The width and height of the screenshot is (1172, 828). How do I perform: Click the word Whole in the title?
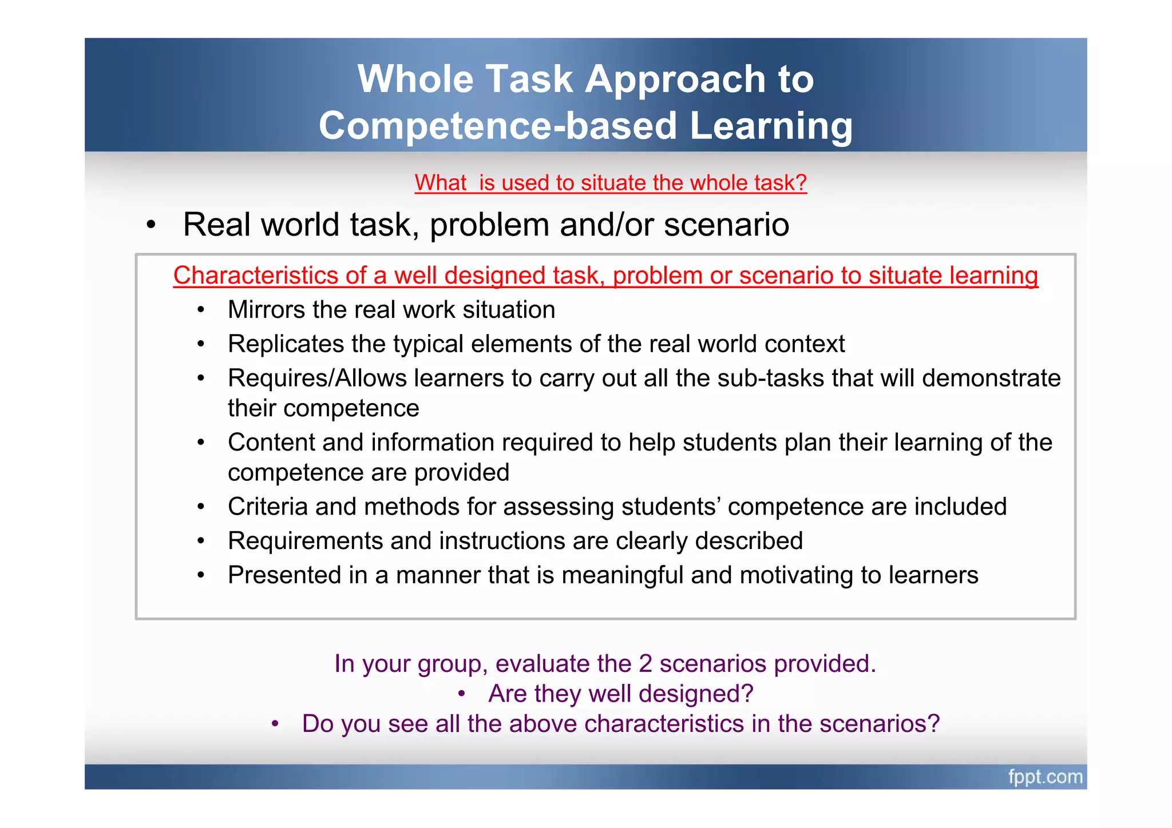click(x=415, y=79)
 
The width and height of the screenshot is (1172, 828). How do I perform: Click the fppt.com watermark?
click(x=1045, y=777)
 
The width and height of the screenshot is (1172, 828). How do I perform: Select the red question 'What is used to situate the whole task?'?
click(x=611, y=183)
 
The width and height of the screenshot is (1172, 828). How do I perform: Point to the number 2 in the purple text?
click(x=645, y=664)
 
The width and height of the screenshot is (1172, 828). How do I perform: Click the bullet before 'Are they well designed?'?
click(x=462, y=694)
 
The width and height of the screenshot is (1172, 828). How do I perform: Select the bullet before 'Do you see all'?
click(x=275, y=724)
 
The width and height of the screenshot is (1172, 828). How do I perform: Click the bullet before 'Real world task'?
click(x=151, y=225)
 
